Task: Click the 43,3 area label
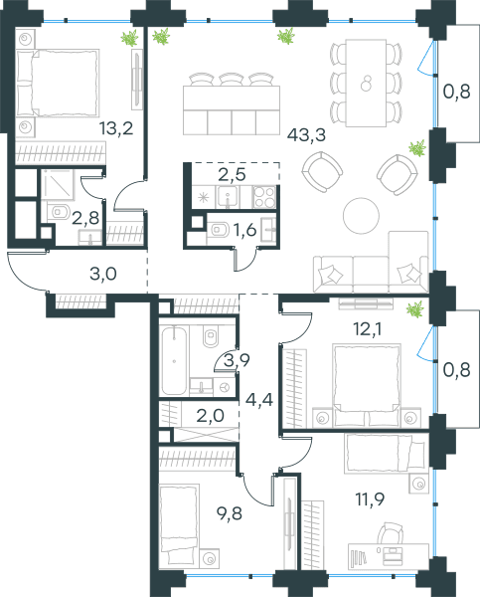306,135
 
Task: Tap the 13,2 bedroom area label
116,128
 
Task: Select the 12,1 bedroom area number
367,329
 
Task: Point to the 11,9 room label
370,498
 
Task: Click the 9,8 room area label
229,513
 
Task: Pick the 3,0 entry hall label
103,275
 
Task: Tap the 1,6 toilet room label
244,230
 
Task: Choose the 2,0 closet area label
211,415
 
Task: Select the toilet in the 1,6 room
218,230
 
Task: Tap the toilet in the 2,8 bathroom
60,212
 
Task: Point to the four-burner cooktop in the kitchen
264,197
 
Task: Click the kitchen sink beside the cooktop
228,197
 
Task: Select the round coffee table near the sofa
361,216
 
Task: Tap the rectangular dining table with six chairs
366,83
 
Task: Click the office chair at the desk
391,532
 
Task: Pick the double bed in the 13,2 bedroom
58,83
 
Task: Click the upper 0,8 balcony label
457,92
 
